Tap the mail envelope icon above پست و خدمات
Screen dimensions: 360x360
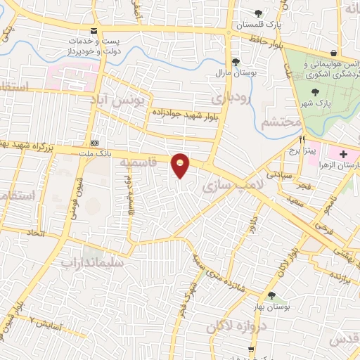coord(94,30)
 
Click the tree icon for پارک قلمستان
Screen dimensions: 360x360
coord(259,13)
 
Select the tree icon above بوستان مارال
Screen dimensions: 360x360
coord(236,61)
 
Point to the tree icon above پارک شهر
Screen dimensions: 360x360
coord(316,91)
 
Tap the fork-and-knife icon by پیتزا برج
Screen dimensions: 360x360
coord(303,139)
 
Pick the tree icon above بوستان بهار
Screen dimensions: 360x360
coord(271,296)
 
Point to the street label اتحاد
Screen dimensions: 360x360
coord(36,232)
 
